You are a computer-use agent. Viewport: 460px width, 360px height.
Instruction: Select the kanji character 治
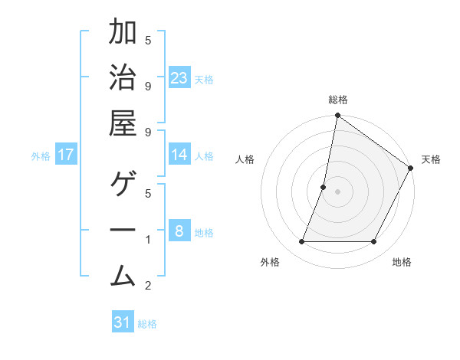click(123, 78)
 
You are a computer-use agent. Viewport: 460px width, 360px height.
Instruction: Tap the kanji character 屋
click(123, 124)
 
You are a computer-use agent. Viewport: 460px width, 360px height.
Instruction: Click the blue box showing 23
click(179, 78)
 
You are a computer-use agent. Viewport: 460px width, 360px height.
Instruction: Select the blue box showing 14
click(179, 155)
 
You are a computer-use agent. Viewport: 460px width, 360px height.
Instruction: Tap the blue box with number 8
click(179, 231)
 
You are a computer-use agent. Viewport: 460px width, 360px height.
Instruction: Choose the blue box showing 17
click(66, 155)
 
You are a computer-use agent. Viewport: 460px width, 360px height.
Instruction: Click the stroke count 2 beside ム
click(148, 286)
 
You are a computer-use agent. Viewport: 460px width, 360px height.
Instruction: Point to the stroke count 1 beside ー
click(148, 240)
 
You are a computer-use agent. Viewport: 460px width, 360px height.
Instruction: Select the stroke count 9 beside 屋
click(148, 132)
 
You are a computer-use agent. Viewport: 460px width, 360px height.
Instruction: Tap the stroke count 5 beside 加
click(148, 40)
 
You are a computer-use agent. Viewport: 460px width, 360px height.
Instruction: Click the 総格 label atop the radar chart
click(338, 100)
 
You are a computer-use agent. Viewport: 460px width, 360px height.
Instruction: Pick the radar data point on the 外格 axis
click(301, 242)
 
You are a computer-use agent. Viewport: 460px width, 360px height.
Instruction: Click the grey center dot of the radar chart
click(338, 191)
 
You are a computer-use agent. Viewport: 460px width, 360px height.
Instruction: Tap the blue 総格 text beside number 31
click(147, 324)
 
